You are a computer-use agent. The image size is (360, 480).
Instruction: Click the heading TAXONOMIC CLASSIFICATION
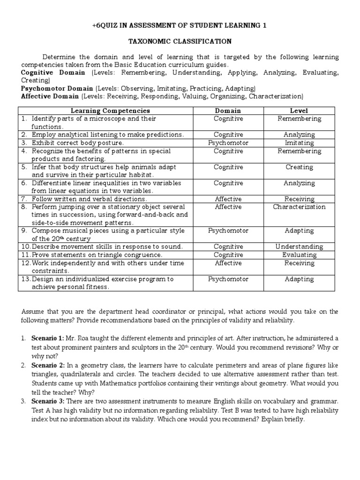[180, 41]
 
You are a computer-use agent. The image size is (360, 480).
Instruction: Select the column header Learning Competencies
[110, 111]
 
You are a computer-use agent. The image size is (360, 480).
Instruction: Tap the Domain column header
[228, 111]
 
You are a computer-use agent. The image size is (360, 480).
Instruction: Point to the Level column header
[299, 111]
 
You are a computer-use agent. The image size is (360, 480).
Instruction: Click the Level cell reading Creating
[299, 167]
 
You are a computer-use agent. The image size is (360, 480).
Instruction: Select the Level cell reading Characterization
[299, 207]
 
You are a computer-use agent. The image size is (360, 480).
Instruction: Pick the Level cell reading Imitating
[299, 142]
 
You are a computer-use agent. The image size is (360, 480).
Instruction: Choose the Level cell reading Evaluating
[299, 255]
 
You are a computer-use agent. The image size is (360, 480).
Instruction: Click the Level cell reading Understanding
[299, 247]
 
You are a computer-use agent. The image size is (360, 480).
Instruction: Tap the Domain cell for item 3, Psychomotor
[228, 142]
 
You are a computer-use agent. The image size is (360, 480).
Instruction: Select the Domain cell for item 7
[228, 199]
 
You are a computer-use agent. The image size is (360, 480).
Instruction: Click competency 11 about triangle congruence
[97, 255]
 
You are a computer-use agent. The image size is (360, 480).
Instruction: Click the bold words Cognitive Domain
[53, 73]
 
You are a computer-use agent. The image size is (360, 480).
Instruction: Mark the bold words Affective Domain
[51, 96]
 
